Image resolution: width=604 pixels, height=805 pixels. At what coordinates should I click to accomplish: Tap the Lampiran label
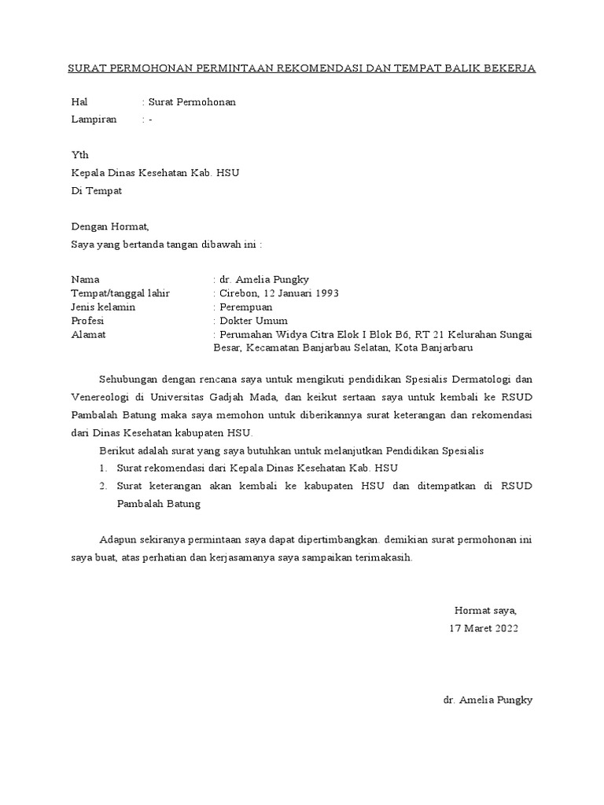[x=94, y=119]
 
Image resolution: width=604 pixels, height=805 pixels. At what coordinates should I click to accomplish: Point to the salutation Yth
[x=79, y=155]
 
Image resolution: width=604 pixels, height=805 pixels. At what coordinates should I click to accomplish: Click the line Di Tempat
[x=97, y=190]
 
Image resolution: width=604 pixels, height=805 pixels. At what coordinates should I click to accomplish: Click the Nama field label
[x=86, y=279]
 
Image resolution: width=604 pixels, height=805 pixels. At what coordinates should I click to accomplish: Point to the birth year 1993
[x=326, y=293]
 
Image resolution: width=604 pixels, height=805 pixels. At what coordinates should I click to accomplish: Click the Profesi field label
[x=87, y=321]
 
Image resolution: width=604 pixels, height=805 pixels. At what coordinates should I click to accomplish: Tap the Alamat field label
[x=88, y=335]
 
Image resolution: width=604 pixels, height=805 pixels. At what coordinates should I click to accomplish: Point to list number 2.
[x=103, y=486]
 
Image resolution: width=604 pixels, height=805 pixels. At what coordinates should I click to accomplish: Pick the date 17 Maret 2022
[x=484, y=628]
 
